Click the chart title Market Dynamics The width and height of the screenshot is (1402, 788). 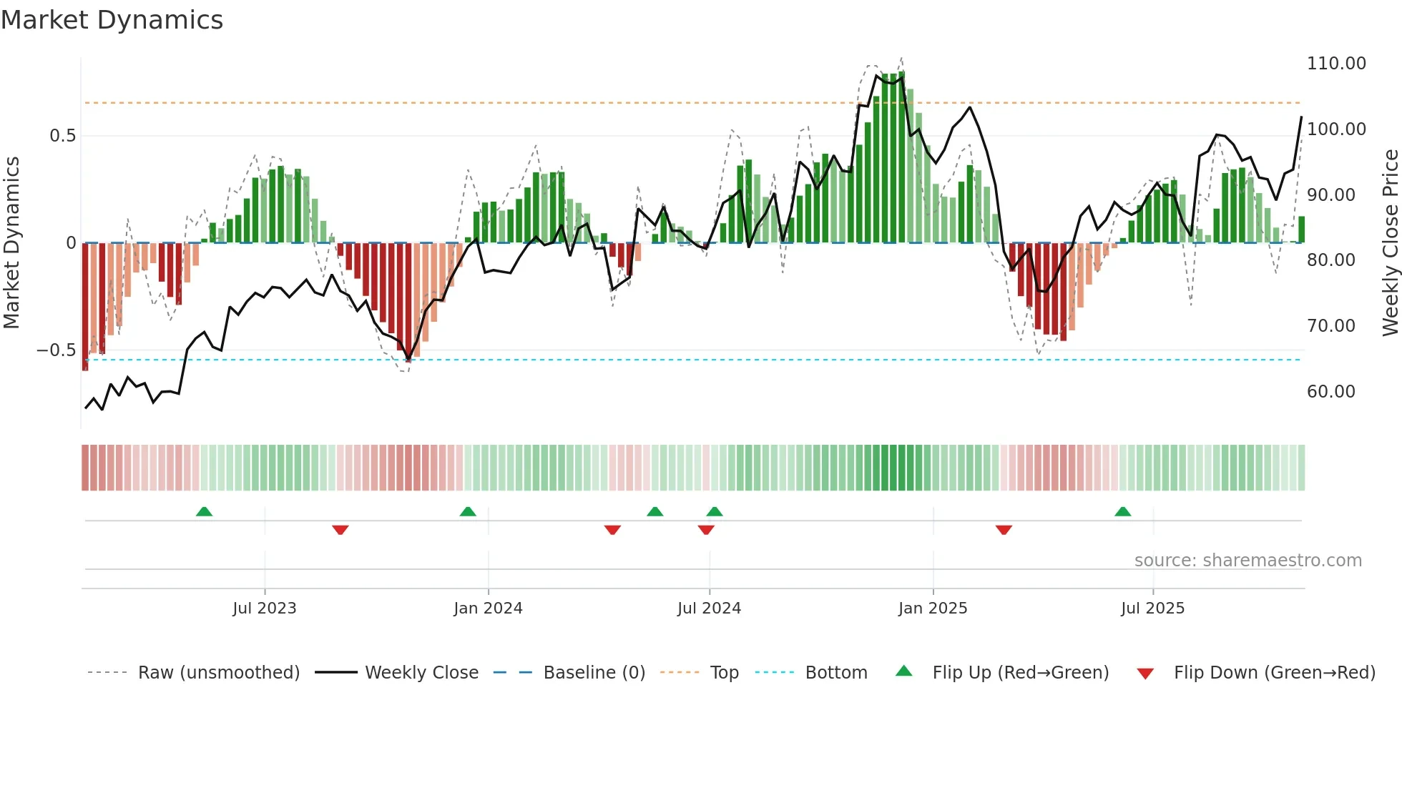(112, 20)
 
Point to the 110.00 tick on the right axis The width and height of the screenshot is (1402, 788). (1335, 64)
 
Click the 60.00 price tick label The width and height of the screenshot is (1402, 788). (1330, 392)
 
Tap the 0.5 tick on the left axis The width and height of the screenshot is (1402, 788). (62, 136)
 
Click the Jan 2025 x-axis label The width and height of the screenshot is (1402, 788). (932, 609)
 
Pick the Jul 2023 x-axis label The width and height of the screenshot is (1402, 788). (264, 609)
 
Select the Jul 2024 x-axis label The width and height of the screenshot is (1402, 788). (709, 609)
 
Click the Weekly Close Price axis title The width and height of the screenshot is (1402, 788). (1390, 242)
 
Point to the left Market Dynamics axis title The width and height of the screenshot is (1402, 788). (11, 242)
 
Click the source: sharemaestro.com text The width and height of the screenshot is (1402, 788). (1247, 561)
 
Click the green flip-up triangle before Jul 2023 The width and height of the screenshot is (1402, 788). (204, 511)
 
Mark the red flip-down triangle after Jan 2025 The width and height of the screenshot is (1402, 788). (1004, 530)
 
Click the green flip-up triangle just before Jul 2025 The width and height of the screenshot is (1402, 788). (1122, 511)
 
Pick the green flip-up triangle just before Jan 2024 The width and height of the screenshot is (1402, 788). (468, 511)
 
